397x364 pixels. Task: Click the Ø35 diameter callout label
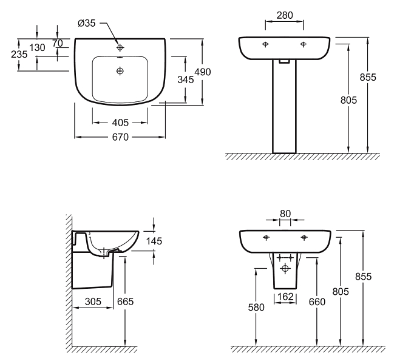[87, 23]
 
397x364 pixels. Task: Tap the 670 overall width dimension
[120, 137]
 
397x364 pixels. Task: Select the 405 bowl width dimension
[120, 123]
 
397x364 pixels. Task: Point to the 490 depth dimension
[203, 72]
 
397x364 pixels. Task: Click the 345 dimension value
[186, 79]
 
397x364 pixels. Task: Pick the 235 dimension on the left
[19, 54]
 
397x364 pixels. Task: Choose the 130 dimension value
[37, 47]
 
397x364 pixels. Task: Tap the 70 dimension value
[58, 44]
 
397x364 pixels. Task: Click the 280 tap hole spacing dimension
[285, 15]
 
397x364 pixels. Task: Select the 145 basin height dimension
[154, 241]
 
